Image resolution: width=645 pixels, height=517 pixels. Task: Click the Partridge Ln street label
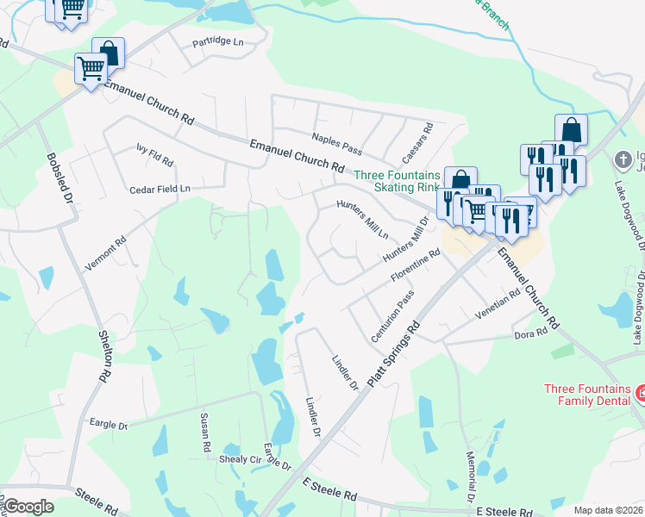coord(218,41)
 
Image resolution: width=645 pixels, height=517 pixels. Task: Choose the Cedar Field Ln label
coord(160,189)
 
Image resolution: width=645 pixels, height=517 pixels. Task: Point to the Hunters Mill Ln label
coord(363,220)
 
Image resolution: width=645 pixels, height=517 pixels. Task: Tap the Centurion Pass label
coord(393,317)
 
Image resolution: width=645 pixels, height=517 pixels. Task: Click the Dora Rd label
coord(530,333)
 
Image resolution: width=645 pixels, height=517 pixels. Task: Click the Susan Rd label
coord(206,434)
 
